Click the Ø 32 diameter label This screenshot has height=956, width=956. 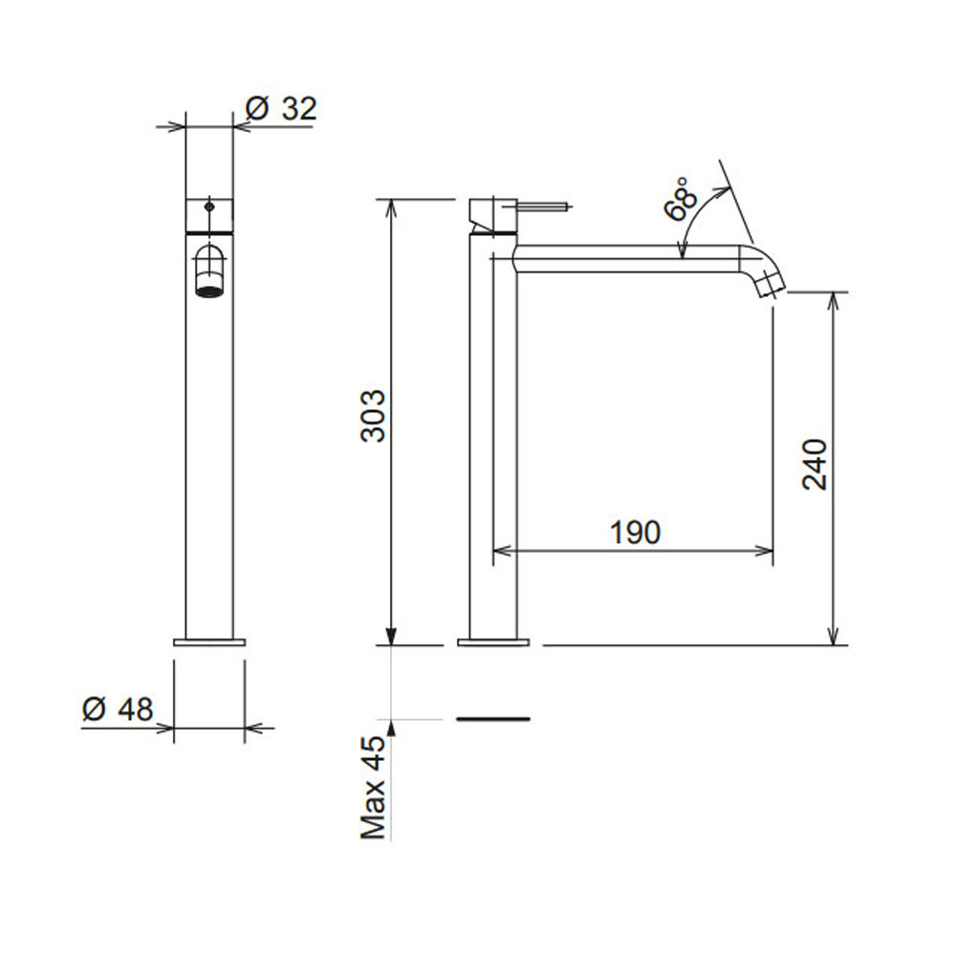(x=281, y=109)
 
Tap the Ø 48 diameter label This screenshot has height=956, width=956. (x=118, y=709)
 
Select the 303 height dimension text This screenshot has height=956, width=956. (x=373, y=416)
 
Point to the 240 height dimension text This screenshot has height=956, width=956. (x=815, y=464)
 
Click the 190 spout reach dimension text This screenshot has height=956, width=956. (x=636, y=532)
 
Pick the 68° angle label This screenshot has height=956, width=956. (x=681, y=199)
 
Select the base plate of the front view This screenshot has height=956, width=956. (x=209, y=642)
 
